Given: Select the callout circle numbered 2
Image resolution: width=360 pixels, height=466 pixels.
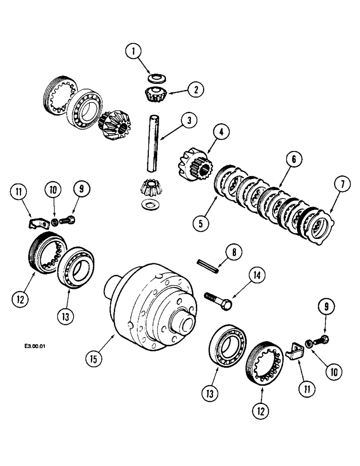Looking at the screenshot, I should (196, 90).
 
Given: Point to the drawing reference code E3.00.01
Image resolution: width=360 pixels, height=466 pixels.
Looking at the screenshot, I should (36, 346).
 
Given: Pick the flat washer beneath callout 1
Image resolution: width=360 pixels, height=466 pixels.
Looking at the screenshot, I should (155, 78).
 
